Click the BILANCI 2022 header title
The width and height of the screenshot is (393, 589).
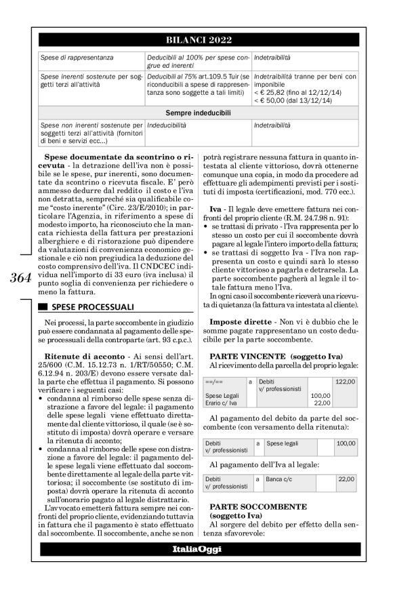pos(196,38)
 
